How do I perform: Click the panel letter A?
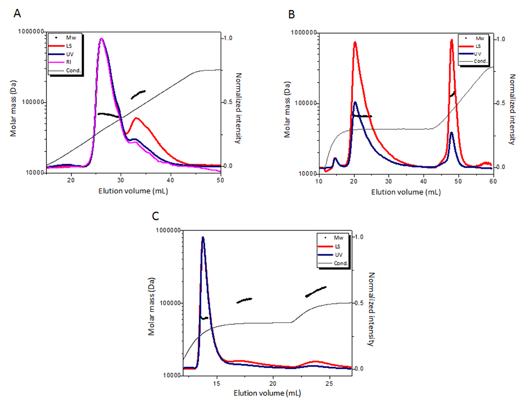[x=17, y=14]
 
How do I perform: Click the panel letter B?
[x=291, y=14]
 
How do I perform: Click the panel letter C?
[x=155, y=216]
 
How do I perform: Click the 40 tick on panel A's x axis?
[x=170, y=180]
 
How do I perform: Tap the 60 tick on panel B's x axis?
[x=493, y=181]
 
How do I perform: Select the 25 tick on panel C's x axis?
[x=329, y=383]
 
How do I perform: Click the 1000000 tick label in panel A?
[x=31, y=31]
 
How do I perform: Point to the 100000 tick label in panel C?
[x=168, y=303]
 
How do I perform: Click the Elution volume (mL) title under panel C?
[x=267, y=393]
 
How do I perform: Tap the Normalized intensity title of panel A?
[x=238, y=108]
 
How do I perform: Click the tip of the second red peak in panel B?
[x=451, y=40]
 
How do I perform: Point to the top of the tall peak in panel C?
[x=203, y=237]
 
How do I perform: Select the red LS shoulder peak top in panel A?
[x=136, y=118]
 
